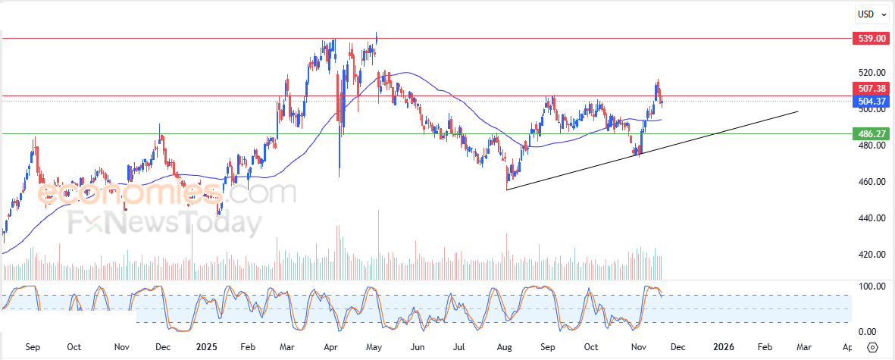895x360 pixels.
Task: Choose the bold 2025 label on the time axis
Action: (x=207, y=347)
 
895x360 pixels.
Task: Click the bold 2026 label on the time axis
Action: (x=723, y=347)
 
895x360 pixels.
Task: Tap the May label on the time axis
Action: (x=374, y=347)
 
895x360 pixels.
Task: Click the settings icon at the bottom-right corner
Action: (x=872, y=347)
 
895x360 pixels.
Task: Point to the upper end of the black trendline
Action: (x=798, y=111)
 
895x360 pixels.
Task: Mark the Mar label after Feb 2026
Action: (x=804, y=347)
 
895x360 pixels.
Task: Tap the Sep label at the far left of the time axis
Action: (x=33, y=347)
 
